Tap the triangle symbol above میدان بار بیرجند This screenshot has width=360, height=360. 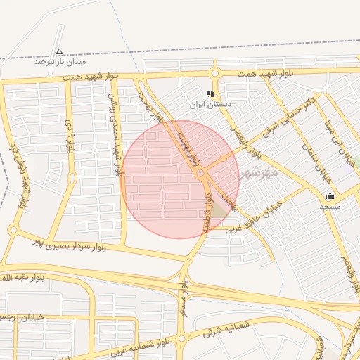tap(59, 51)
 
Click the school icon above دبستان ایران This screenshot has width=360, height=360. tap(210, 94)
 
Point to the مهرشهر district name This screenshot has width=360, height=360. tap(259, 172)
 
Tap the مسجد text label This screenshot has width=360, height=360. tap(330, 206)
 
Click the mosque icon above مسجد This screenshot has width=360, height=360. tap(330, 196)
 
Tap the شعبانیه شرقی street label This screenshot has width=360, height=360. tap(226, 328)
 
